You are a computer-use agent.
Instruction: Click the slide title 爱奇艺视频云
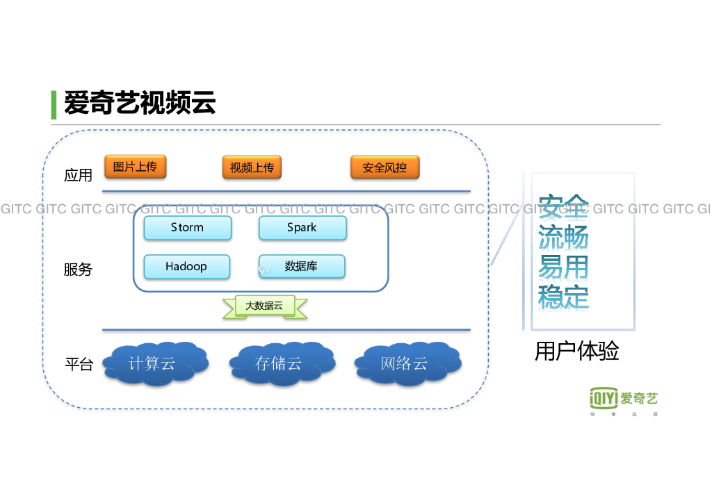(x=140, y=104)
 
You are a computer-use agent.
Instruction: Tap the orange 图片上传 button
(x=136, y=167)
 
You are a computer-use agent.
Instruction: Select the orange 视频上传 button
(x=252, y=167)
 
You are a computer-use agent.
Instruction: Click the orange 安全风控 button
(x=385, y=167)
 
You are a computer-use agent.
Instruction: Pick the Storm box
(x=187, y=228)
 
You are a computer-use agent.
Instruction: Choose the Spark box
(x=302, y=228)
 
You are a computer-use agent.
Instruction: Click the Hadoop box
(x=186, y=267)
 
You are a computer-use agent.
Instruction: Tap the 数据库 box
(x=302, y=266)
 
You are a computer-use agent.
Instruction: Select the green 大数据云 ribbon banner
(x=264, y=306)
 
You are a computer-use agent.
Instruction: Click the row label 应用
(x=78, y=176)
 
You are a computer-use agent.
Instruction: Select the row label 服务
(x=78, y=270)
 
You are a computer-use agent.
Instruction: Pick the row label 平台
(x=79, y=364)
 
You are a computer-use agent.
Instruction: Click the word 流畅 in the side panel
(x=563, y=238)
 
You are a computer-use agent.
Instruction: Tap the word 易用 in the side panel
(x=563, y=267)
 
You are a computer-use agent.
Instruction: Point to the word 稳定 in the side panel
(x=563, y=297)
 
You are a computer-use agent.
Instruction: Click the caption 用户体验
(x=576, y=352)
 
